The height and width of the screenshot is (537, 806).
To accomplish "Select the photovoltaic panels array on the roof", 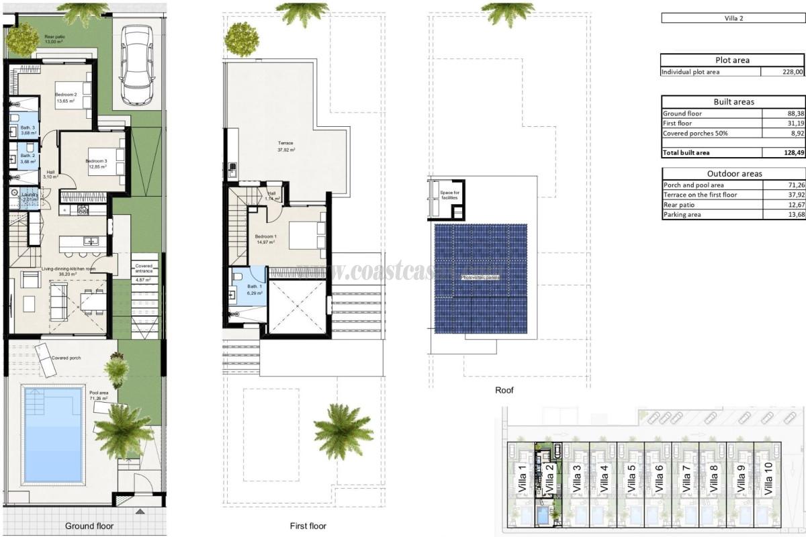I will (480, 278).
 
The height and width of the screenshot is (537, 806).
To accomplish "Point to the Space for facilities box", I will (448, 195).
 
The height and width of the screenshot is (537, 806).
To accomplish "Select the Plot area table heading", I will (732, 60).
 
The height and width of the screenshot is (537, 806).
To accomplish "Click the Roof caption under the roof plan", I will (504, 390).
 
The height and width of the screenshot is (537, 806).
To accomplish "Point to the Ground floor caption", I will (89, 526).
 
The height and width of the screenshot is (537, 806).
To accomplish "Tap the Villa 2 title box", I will (732, 18).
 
